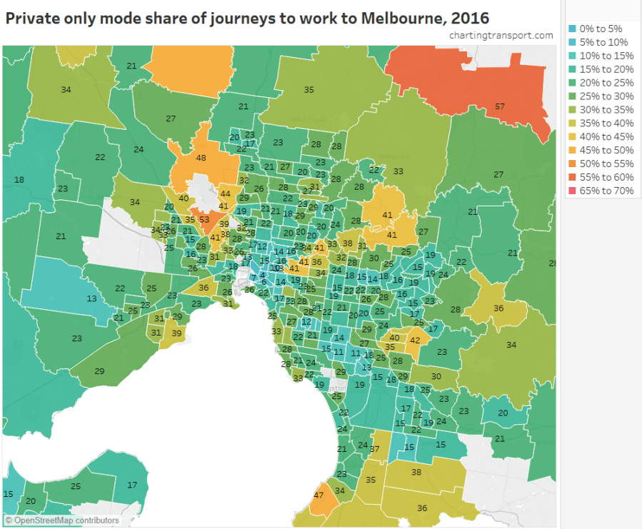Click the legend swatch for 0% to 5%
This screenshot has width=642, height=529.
coord(573,29)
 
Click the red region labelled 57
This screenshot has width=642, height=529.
coord(500,106)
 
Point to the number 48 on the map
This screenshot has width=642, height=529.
coord(201,158)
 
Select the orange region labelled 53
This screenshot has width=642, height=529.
coord(204,219)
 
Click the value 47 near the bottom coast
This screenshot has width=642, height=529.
coord(319,495)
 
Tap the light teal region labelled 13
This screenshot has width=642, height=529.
coord(91,299)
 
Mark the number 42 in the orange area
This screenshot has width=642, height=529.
coord(415,341)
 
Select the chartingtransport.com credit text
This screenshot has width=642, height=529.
coord(501,36)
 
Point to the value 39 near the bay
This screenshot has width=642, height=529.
coord(176,333)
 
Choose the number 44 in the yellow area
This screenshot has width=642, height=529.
coord(225,193)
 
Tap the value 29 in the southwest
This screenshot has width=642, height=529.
coord(99,371)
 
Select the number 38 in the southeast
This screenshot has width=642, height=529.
coord(416,472)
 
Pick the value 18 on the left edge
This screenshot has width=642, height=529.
coord(19,179)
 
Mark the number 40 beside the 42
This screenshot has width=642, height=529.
coord(394,337)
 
